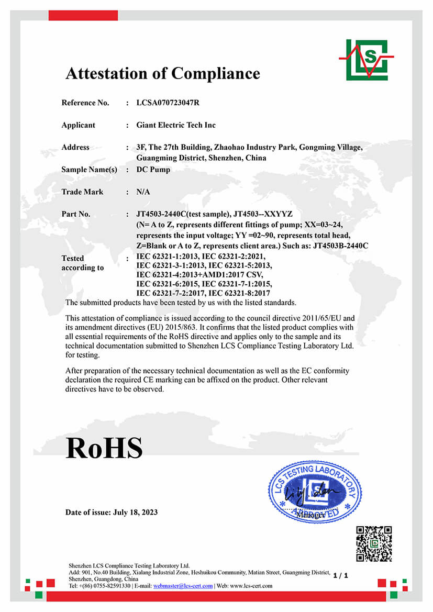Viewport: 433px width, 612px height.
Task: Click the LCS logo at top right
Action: (367, 59)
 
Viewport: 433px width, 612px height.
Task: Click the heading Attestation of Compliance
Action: (162, 73)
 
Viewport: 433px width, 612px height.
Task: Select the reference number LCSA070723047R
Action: (168, 103)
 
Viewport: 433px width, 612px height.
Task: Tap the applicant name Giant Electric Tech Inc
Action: (176, 125)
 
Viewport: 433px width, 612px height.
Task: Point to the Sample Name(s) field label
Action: (89, 170)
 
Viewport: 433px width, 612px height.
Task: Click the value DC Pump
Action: (153, 170)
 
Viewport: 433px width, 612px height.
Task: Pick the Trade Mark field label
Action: (82, 192)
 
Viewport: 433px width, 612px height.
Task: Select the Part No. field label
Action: (76, 214)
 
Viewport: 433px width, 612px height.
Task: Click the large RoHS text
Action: (104, 448)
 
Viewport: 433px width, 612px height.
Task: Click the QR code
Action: (374, 544)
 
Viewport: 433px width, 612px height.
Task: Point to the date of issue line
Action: (112, 512)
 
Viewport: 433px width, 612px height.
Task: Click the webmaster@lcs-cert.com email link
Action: (183, 586)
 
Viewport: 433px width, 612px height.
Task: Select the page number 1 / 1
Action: (340, 575)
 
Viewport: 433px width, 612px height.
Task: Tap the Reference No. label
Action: (85, 103)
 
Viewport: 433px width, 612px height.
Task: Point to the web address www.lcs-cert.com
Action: (255, 586)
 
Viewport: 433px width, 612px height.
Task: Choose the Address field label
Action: (75, 147)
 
